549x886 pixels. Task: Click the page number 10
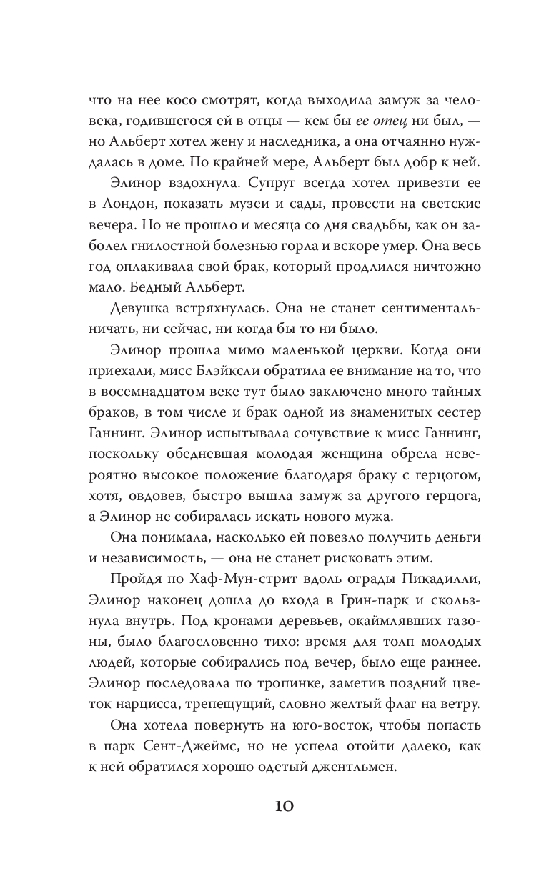274,806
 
